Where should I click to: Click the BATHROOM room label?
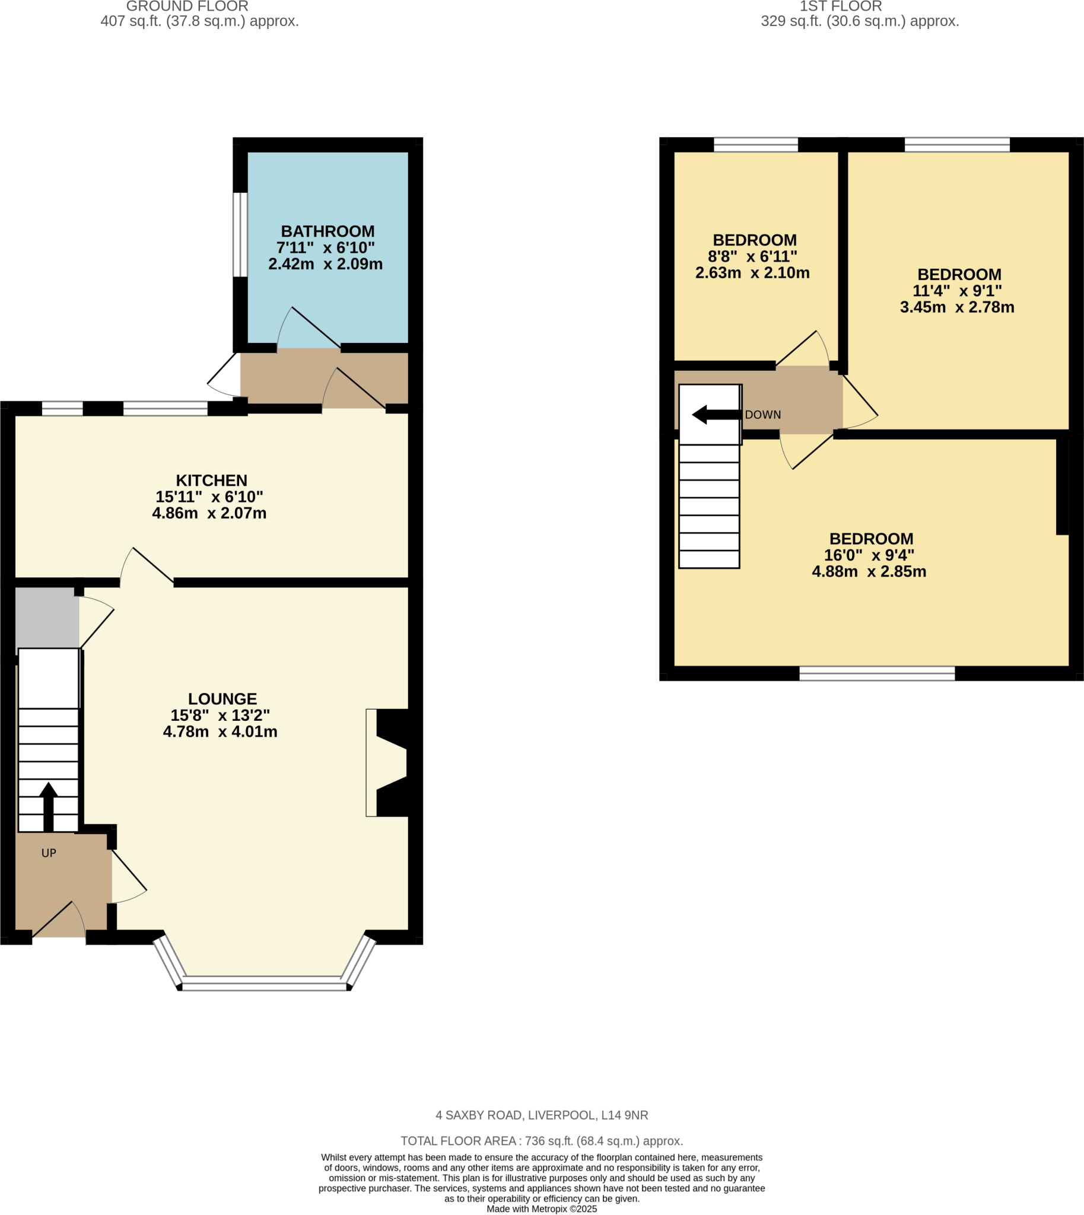(x=328, y=232)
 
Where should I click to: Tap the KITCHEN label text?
(x=211, y=481)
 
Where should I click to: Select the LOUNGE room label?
(x=222, y=699)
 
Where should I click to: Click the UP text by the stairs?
(x=49, y=854)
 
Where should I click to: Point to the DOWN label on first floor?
(x=762, y=415)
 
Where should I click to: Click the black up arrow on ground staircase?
(x=48, y=807)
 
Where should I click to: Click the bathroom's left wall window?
(x=240, y=235)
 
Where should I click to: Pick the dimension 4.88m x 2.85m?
(x=869, y=572)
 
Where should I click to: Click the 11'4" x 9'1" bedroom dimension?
(x=957, y=291)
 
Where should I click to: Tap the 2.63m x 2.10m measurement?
(x=752, y=273)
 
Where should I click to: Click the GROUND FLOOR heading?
(x=187, y=7)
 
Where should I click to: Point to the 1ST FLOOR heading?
(x=840, y=7)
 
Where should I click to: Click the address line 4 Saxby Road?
(x=541, y=1115)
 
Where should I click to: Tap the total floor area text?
(x=541, y=1141)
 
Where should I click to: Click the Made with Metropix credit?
(x=541, y=1209)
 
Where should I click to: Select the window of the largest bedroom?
(x=877, y=673)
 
